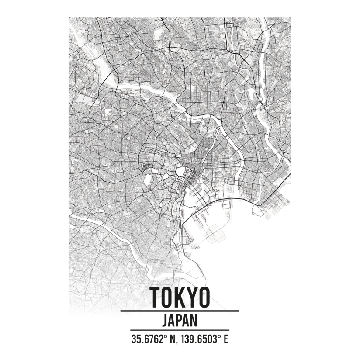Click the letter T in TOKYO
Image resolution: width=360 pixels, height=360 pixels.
[x=155, y=297]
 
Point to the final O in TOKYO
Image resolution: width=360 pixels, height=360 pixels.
[x=204, y=297]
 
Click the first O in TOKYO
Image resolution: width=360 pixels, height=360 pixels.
[x=167, y=297]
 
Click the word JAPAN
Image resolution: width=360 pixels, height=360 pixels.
[x=180, y=320]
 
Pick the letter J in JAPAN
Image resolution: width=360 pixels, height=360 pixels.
[x=164, y=320]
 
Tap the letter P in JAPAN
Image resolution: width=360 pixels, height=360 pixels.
[x=180, y=320]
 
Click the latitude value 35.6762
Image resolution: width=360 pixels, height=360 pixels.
[x=146, y=339]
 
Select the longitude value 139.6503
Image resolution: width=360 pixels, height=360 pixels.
[x=198, y=339]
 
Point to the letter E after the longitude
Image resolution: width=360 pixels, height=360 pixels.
[x=226, y=339]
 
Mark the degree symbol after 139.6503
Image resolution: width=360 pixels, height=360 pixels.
[x=219, y=336]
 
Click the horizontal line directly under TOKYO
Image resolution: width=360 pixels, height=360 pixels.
[x=180, y=311]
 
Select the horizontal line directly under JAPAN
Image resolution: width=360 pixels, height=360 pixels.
[x=180, y=330]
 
